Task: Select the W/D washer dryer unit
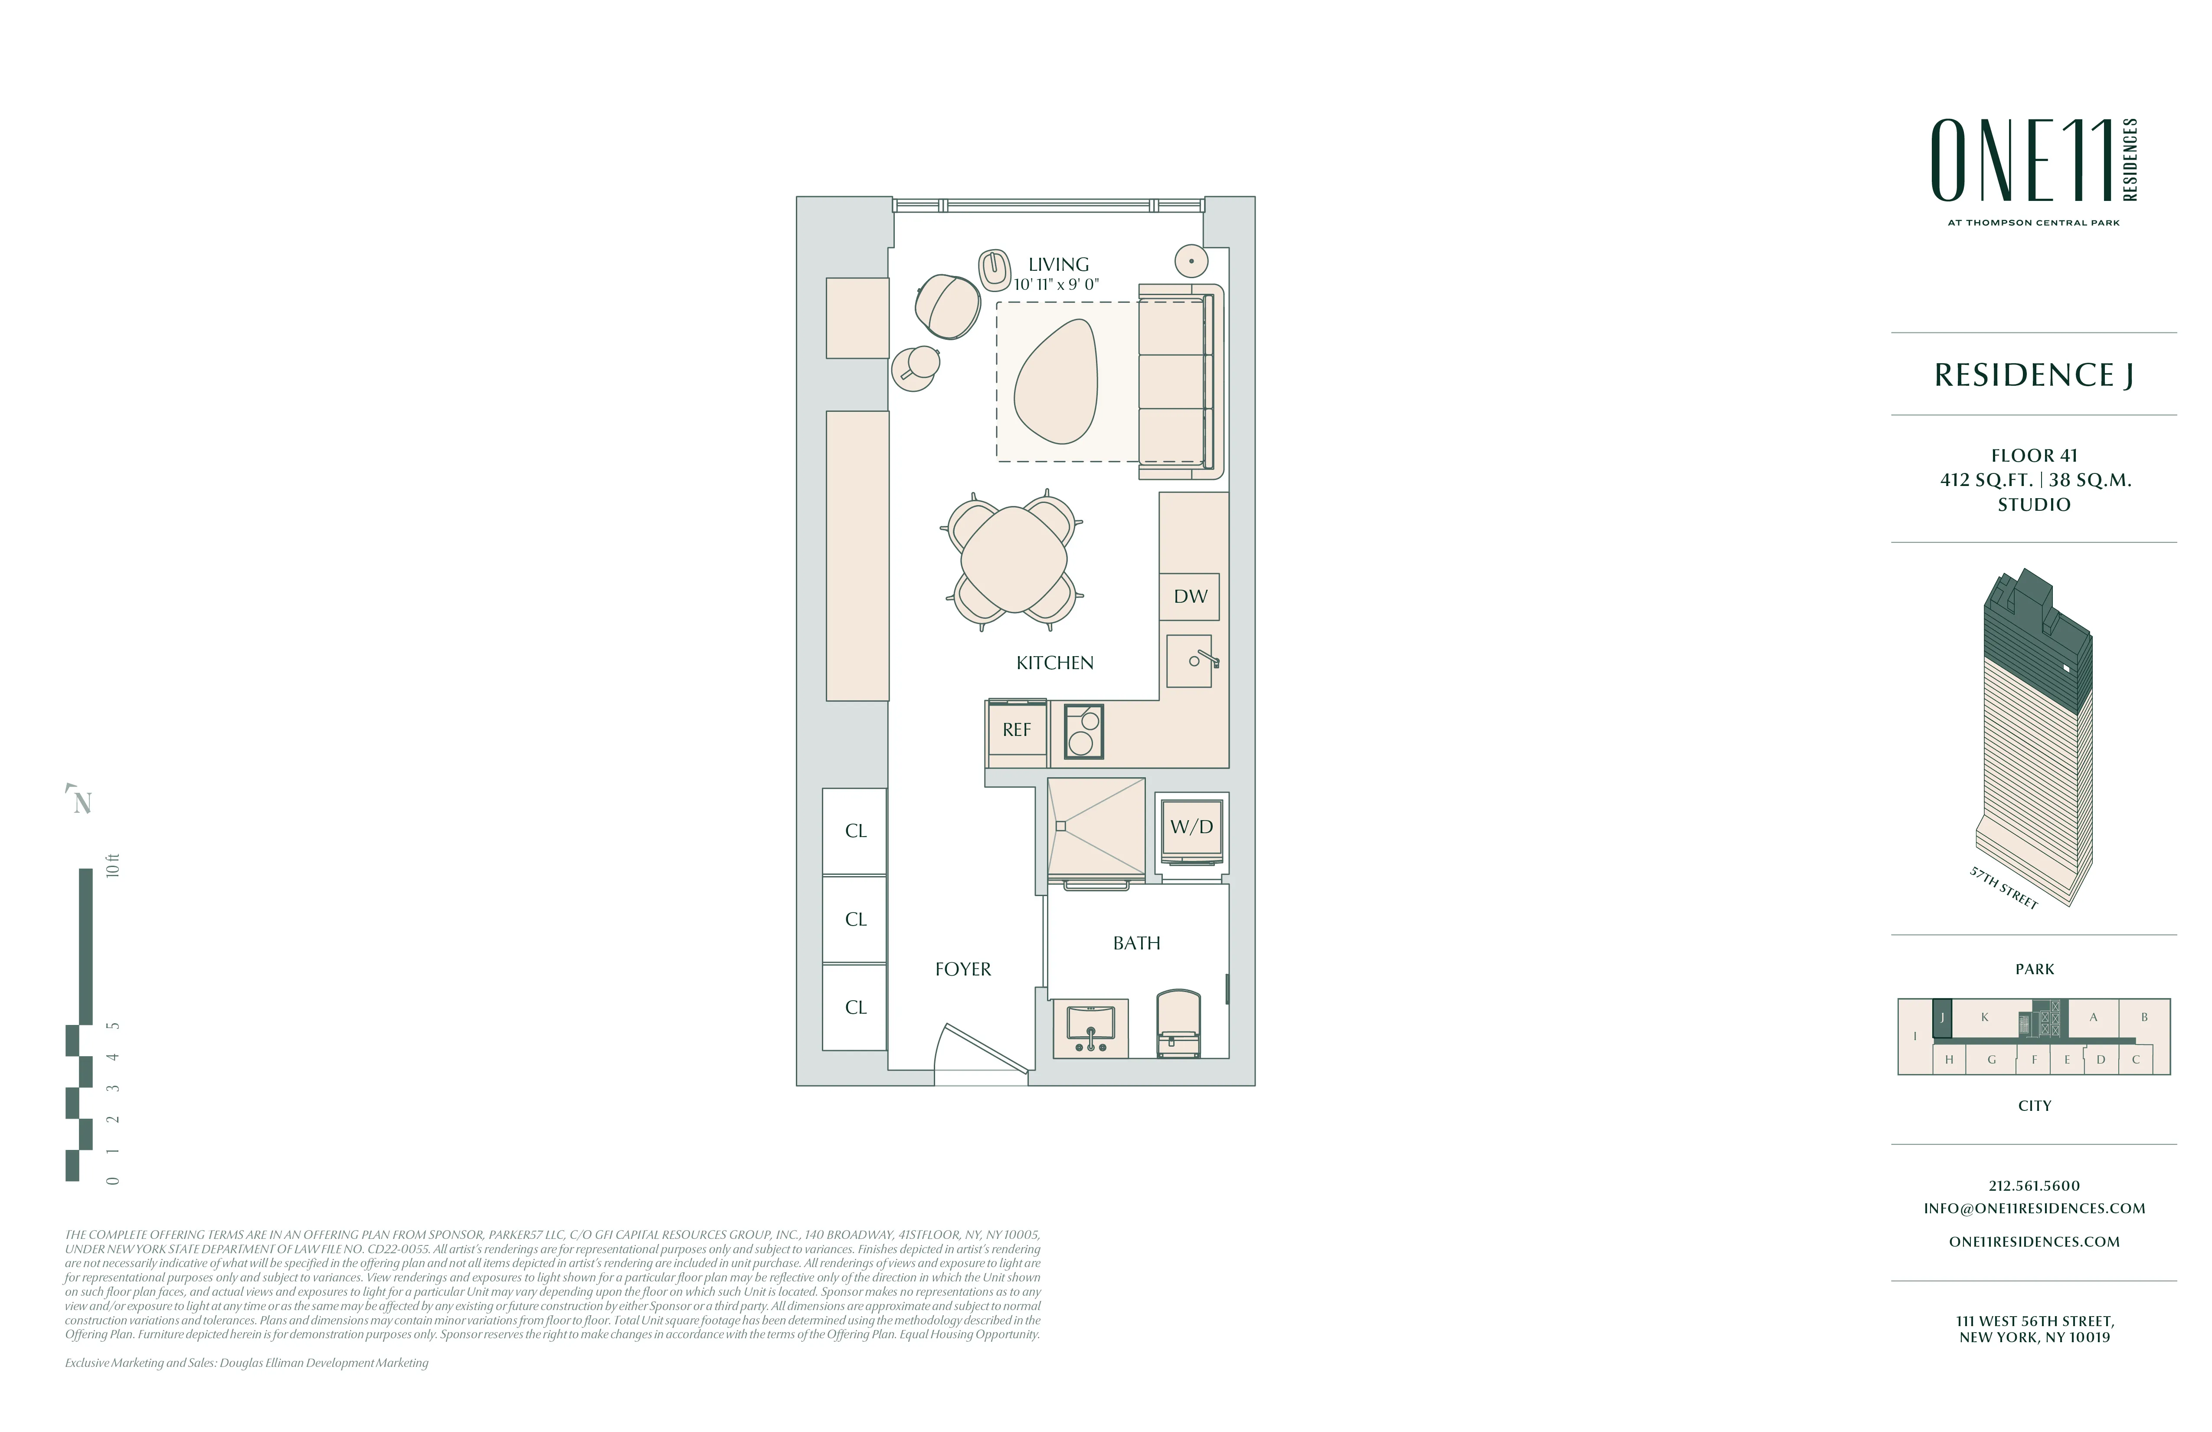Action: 1191,828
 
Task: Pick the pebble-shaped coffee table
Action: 1056,381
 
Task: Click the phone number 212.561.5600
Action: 2034,1186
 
